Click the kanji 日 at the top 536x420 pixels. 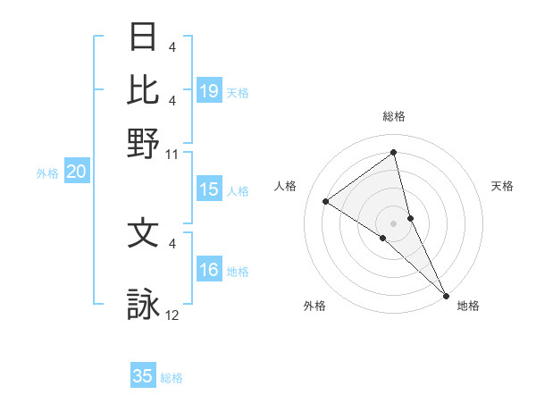coord(144,37)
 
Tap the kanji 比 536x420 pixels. coord(144,89)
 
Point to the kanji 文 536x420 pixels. coord(144,233)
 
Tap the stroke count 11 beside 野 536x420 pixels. coord(172,155)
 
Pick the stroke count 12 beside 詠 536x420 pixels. coord(172,316)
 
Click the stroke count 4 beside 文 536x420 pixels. coord(172,243)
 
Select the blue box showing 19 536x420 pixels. coord(209,91)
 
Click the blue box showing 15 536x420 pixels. coord(209,189)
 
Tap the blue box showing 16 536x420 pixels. coord(209,271)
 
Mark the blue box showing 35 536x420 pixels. coord(143,376)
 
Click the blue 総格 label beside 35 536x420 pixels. coord(172,378)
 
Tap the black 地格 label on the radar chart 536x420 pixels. coord(468,307)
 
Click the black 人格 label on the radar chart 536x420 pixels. coord(286,186)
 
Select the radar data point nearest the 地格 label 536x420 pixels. coord(445,295)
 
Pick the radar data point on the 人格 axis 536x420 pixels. coord(326,201)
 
